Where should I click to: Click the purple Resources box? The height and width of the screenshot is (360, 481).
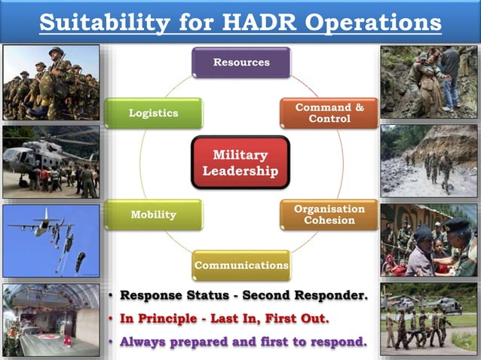coord(240,63)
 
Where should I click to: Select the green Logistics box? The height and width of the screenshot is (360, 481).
coord(154,113)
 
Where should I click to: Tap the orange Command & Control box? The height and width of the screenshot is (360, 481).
coord(328,113)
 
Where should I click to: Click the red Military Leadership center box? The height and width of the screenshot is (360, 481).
coord(240,163)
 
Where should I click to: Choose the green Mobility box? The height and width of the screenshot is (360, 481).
coord(154,215)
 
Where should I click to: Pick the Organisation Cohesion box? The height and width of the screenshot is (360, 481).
coord(329,215)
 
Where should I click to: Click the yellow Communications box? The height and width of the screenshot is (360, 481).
coord(240,265)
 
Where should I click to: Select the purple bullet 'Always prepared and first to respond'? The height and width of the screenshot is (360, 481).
coord(244,342)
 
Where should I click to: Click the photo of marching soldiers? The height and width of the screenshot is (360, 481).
coord(51,83)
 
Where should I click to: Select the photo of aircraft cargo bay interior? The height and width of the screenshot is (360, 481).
coord(51,319)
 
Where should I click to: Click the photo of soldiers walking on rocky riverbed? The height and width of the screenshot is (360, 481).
coord(429,161)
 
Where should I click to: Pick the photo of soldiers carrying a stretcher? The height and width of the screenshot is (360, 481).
coord(429,319)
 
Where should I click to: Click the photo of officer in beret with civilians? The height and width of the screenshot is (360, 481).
coord(429,239)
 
